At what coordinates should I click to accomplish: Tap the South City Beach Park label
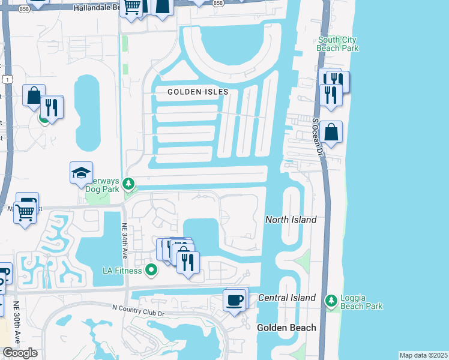pyautogui.click(x=338, y=44)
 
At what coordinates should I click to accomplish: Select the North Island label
pyautogui.click(x=291, y=220)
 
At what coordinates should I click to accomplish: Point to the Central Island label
pyautogui.click(x=286, y=298)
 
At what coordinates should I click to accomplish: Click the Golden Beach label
pyautogui.click(x=286, y=328)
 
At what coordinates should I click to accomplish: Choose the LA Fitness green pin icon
pyautogui.click(x=151, y=271)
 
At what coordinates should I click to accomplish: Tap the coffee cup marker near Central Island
pyautogui.click(x=234, y=299)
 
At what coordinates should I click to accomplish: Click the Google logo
pyautogui.click(x=20, y=353)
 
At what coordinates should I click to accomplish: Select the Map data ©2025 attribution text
pyautogui.click(x=423, y=355)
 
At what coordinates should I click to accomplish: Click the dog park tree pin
pyautogui.click(x=128, y=183)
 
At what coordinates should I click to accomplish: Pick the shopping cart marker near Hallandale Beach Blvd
pyautogui.click(x=131, y=7)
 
